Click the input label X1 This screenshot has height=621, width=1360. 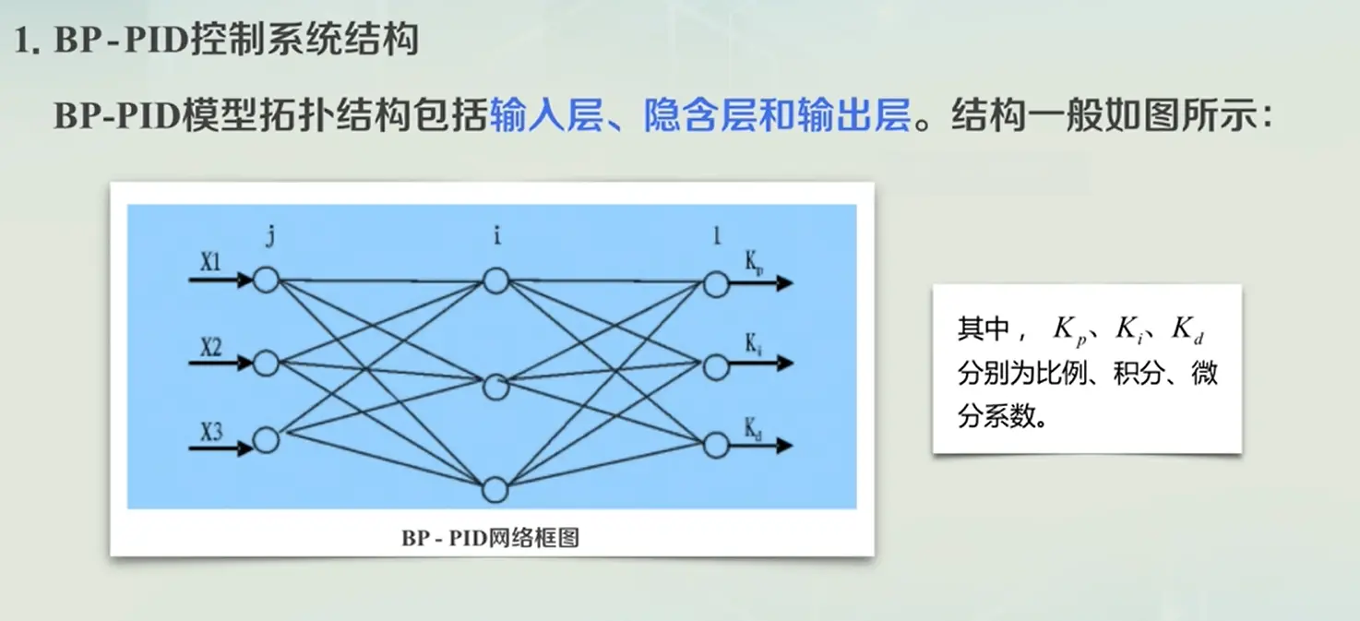[x=211, y=262]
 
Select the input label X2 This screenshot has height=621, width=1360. [x=211, y=347]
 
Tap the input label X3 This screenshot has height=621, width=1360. [x=211, y=431]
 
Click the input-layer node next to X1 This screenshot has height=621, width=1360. [x=266, y=280]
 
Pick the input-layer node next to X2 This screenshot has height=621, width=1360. [x=266, y=364]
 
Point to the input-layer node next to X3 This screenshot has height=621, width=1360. [x=266, y=440]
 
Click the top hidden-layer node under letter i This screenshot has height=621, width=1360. [x=495, y=281]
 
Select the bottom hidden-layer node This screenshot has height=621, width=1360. [x=495, y=488]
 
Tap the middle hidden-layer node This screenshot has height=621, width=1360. [x=495, y=386]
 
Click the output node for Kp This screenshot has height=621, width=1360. [x=716, y=284]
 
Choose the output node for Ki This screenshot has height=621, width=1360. [x=716, y=367]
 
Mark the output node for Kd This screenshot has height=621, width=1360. [x=716, y=446]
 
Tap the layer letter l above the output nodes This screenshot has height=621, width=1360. [x=717, y=236]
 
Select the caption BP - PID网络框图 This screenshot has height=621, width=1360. [x=490, y=537]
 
